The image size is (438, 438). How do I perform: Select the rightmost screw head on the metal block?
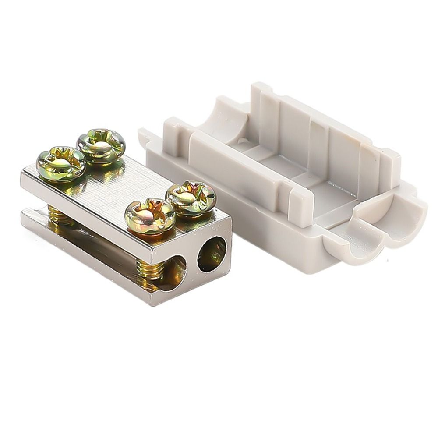tap(191, 198)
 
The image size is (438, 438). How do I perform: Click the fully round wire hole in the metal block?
tap(212, 254)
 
